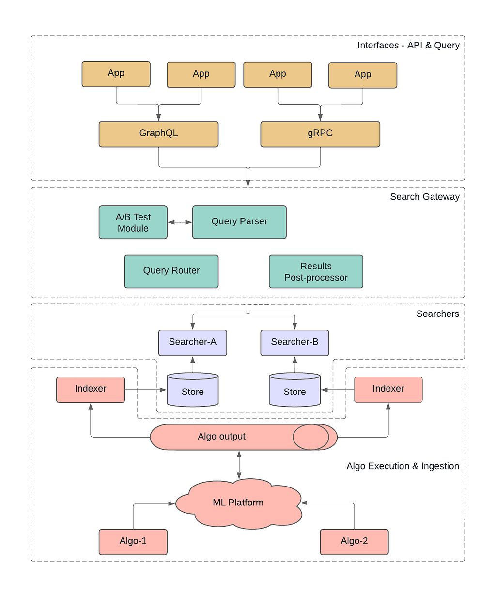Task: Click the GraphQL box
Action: (158, 134)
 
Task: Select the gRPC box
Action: (320, 134)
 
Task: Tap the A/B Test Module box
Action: (133, 222)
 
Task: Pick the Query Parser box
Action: (239, 222)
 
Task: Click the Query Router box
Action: (171, 271)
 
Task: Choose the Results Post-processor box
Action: (316, 271)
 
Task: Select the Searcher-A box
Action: (192, 343)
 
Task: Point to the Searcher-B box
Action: (294, 343)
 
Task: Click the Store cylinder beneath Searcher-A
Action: (192, 390)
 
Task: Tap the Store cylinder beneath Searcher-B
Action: (294, 390)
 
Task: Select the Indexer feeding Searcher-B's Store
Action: (388, 390)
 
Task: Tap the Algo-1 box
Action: (133, 542)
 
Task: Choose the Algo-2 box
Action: (354, 542)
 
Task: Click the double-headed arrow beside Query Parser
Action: (180, 222)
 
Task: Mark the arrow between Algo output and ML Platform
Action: (239, 465)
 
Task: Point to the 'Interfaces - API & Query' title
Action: (408, 46)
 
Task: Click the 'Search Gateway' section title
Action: (425, 197)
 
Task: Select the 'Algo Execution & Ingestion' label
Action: (403, 466)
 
